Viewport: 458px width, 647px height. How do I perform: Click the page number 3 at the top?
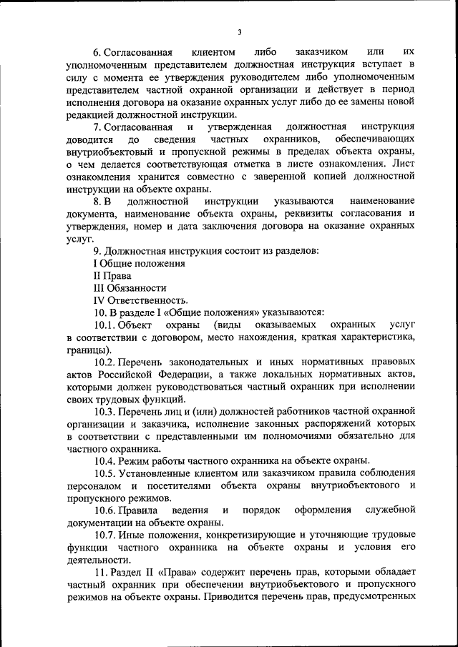240,31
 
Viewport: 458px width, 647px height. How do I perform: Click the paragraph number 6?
97,53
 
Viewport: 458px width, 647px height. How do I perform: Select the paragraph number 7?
97,127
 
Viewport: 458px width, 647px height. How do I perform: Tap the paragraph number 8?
97,202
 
